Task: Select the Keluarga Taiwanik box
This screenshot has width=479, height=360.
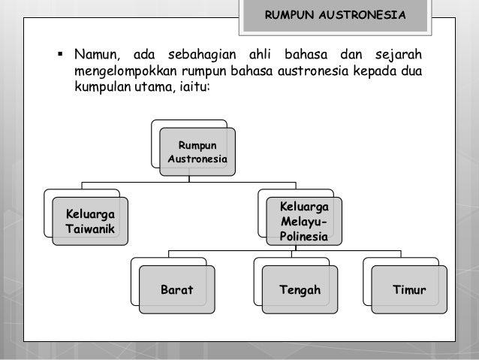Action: click(89, 220)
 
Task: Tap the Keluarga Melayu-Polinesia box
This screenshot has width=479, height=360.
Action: click(303, 222)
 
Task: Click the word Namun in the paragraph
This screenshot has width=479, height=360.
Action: click(97, 56)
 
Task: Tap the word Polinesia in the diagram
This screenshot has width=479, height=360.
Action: click(303, 237)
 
